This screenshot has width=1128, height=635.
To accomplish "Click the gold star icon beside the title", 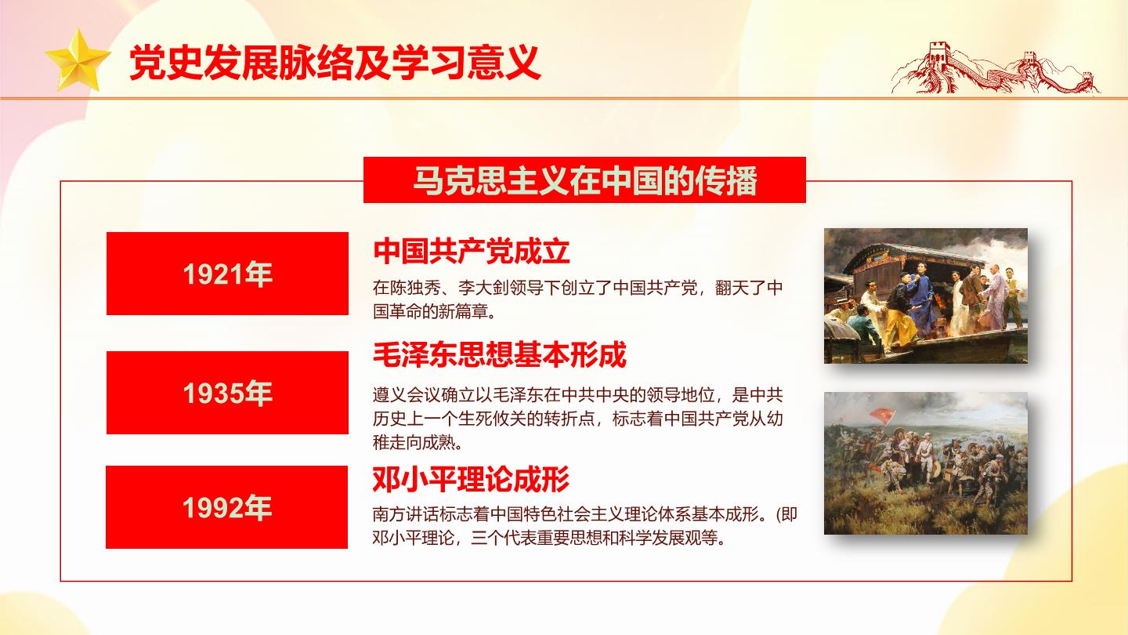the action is tap(77, 61).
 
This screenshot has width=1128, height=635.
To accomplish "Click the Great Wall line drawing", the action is tap(995, 68).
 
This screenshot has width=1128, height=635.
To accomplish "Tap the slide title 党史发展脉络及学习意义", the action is tap(335, 63).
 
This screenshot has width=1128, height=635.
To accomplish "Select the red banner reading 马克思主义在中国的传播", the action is tap(584, 180).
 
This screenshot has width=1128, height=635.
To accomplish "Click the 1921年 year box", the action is tap(228, 274).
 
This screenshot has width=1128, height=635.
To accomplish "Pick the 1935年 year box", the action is tap(228, 393).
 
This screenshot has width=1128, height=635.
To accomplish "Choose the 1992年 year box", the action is tap(226, 507).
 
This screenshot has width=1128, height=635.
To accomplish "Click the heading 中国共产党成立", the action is tap(472, 251).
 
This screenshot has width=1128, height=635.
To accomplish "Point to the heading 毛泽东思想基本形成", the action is tap(500, 354).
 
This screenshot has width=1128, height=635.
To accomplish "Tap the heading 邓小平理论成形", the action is tap(471, 479).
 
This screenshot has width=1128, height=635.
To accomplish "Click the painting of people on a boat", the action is tap(926, 296).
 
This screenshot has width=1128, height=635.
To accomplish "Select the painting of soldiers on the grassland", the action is tap(926, 463).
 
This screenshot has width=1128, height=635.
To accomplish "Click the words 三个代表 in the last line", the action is tap(504, 539).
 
